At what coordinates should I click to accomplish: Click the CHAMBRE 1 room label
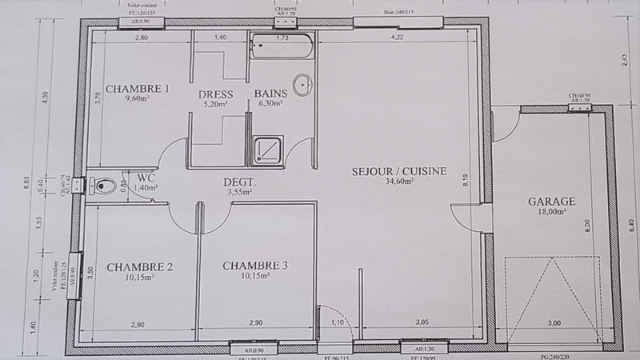point(138,89)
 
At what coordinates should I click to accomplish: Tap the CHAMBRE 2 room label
point(140,266)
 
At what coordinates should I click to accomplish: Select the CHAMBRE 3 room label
point(255,266)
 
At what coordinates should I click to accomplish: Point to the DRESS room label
point(215,94)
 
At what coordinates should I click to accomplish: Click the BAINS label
point(270,94)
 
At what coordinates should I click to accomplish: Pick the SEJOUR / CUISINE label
point(399,171)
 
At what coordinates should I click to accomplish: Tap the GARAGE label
point(552,202)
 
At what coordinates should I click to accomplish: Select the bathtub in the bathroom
point(282,47)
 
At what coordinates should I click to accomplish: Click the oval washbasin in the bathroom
point(302,85)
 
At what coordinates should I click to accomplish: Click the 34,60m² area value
point(399,182)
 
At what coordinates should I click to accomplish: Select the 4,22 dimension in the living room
point(397,38)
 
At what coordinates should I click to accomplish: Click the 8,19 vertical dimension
point(465,181)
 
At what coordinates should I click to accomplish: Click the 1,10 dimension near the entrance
point(337,322)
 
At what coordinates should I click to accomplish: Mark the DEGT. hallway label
point(239,182)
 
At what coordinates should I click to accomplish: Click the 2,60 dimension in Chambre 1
point(142,38)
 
